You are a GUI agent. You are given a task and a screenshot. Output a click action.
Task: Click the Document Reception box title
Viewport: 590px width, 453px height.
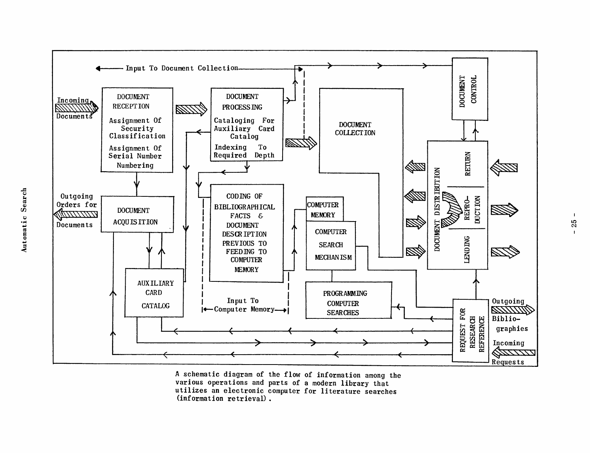point(133,101)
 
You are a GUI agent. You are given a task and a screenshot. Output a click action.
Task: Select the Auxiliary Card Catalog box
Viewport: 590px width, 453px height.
point(154,294)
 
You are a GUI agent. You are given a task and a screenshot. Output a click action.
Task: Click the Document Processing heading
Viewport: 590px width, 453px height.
point(242,102)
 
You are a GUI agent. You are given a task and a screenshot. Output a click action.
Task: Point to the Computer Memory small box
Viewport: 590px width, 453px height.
point(324,209)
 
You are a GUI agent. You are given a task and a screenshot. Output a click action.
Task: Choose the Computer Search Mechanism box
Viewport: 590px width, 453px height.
point(331,245)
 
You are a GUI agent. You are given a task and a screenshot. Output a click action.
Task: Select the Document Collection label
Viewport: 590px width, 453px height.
point(355,129)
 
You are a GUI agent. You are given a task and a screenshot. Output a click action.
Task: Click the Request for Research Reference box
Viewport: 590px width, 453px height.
point(470,330)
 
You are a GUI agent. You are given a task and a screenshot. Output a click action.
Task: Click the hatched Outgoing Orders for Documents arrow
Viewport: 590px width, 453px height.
point(76,215)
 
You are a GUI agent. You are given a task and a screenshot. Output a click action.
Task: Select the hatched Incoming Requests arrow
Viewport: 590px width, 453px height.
point(514,353)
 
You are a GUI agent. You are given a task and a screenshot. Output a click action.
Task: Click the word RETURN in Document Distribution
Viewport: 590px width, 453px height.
point(468,164)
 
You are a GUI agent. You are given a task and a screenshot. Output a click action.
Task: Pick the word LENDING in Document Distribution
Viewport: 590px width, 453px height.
point(467,249)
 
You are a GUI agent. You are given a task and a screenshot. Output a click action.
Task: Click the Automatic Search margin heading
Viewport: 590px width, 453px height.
point(24,220)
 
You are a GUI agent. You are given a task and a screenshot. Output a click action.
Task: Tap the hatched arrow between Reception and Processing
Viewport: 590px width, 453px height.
point(191,109)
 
